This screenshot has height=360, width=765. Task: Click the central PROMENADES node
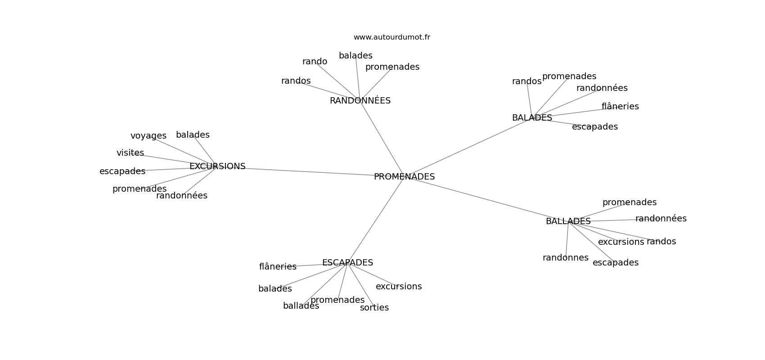click(404, 177)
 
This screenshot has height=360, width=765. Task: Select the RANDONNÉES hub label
click(360, 101)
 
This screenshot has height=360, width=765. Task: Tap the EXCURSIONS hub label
click(217, 166)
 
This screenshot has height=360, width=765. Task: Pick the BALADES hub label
click(532, 118)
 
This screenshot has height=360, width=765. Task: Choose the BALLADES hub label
click(568, 221)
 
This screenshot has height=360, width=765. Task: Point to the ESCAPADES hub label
click(347, 263)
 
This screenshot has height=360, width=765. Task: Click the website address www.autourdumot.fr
click(391, 37)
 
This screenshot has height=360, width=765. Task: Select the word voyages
click(148, 136)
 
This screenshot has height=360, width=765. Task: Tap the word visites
click(130, 153)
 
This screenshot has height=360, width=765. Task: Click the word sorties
click(374, 308)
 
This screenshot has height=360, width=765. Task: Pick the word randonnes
click(565, 258)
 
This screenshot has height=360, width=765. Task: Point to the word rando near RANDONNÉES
click(315, 62)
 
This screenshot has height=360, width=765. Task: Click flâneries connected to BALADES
click(620, 107)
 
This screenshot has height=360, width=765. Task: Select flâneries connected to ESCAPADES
click(278, 267)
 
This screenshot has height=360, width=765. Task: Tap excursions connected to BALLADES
click(621, 242)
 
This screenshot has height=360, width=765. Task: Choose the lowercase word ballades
click(301, 306)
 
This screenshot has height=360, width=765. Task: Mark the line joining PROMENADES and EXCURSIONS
click(310, 171)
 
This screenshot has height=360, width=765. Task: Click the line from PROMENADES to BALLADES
click(486, 199)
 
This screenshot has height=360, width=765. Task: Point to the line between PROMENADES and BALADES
click(468, 147)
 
